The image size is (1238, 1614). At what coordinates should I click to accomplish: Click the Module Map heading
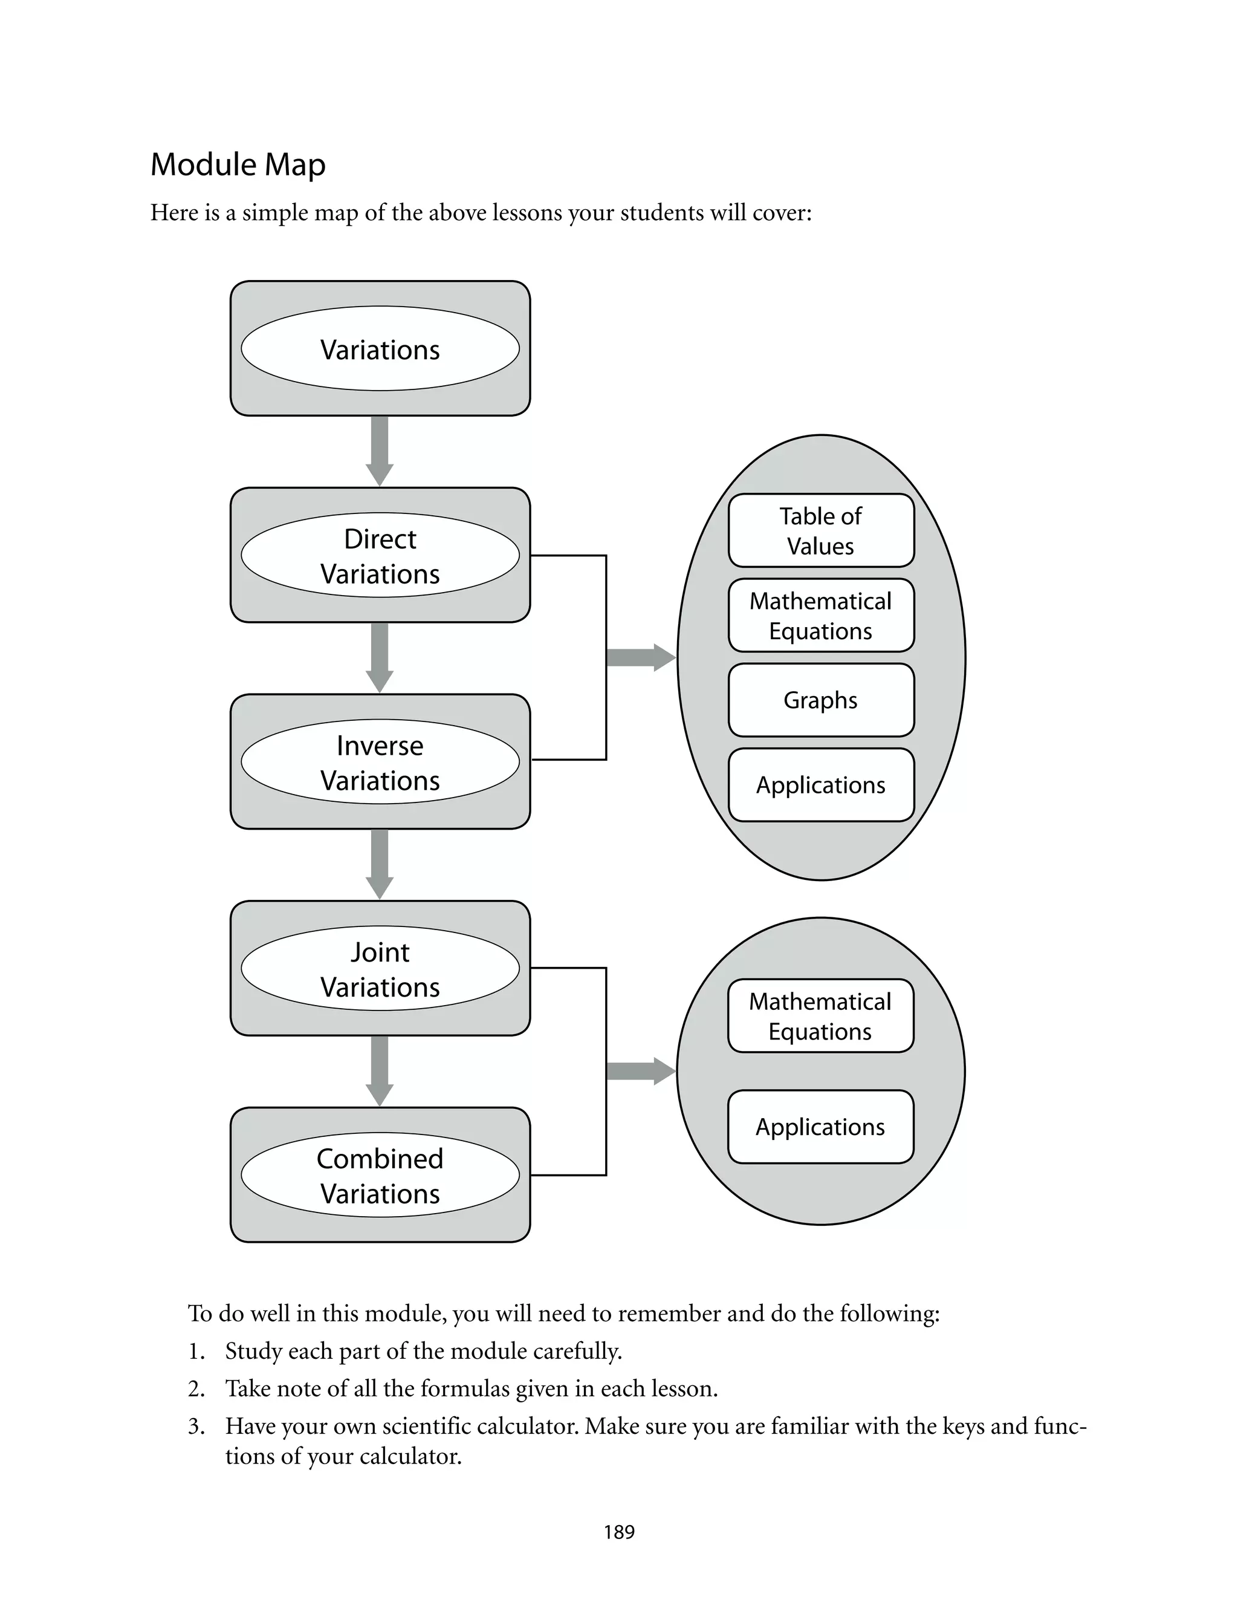coord(238,164)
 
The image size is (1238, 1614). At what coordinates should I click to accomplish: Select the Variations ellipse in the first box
coord(380,348)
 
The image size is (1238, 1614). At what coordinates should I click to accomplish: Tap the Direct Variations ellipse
coord(380,556)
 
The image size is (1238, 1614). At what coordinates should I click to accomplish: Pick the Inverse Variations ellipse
coord(380,762)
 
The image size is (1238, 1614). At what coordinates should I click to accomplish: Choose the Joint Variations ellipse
coord(380,968)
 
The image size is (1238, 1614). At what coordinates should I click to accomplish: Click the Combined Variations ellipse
coord(380,1175)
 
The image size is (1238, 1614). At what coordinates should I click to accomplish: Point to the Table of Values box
coord(821,530)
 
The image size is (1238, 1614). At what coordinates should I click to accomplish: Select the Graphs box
coord(821,700)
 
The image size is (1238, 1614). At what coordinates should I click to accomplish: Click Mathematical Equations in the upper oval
coord(821,616)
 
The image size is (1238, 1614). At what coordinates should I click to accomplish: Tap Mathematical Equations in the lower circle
coord(820,1015)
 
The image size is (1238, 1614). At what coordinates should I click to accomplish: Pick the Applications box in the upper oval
coord(821,785)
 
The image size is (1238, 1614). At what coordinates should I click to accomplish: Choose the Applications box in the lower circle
coord(820,1127)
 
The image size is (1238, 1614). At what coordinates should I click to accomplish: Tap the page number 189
coord(619,1532)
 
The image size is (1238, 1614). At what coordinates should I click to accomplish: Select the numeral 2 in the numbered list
coord(195,1389)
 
